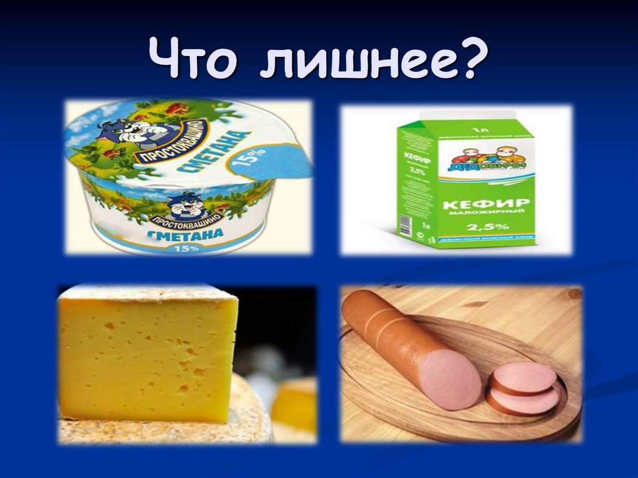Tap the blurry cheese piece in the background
[x=293, y=405]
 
